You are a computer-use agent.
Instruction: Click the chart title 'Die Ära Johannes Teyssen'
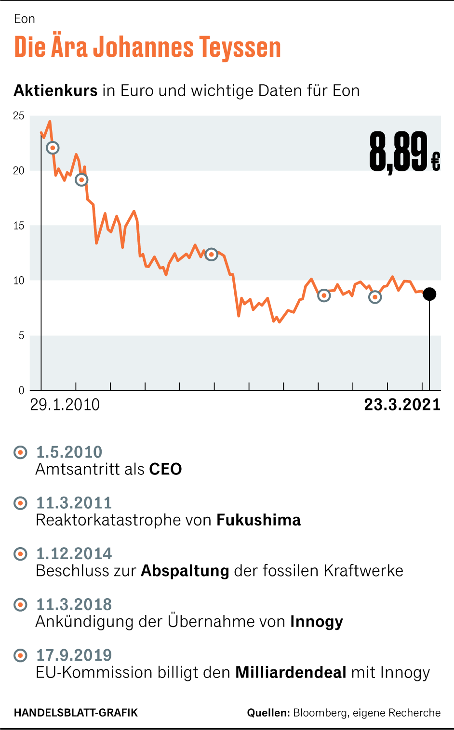(x=147, y=48)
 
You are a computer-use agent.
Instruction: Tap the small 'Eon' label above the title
(x=25, y=19)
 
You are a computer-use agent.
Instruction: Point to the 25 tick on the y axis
(x=19, y=116)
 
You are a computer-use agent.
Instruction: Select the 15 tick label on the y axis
(x=19, y=226)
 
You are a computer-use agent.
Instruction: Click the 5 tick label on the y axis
(x=21, y=335)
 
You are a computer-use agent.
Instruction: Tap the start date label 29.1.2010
(x=65, y=405)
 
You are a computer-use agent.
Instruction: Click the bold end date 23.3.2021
(x=402, y=405)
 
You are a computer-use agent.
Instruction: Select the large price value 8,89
(x=399, y=153)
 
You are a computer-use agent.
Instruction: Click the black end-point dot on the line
(x=429, y=294)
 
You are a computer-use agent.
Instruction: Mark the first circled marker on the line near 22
(x=53, y=148)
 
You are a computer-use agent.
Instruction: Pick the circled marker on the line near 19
(x=82, y=180)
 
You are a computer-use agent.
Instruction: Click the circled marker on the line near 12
(x=211, y=254)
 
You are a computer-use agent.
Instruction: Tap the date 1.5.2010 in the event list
(x=69, y=452)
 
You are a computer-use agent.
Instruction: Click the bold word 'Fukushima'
(x=259, y=520)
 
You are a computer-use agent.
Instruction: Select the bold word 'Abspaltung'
(x=185, y=571)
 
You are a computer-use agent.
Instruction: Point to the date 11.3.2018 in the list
(x=74, y=604)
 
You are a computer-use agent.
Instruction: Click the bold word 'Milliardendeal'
(x=291, y=672)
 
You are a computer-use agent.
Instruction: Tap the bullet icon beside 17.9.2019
(x=21, y=655)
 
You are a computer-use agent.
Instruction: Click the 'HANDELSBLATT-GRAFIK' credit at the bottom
(x=76, y=713)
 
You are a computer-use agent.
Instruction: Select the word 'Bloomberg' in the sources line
(x=320, y=713)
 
